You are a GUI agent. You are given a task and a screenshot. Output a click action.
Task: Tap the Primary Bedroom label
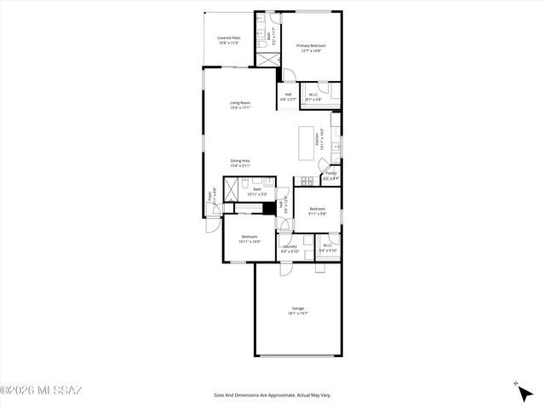(311, 48)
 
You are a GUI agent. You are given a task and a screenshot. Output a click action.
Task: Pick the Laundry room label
(290, 248)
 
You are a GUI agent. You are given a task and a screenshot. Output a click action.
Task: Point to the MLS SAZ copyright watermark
(41, 391)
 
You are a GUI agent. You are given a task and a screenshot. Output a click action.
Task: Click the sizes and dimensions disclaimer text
(272, 395)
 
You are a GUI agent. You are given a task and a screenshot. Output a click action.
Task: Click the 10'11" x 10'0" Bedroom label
(250, 239)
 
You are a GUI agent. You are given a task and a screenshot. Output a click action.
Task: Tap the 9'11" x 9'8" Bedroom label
(318, 210)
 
